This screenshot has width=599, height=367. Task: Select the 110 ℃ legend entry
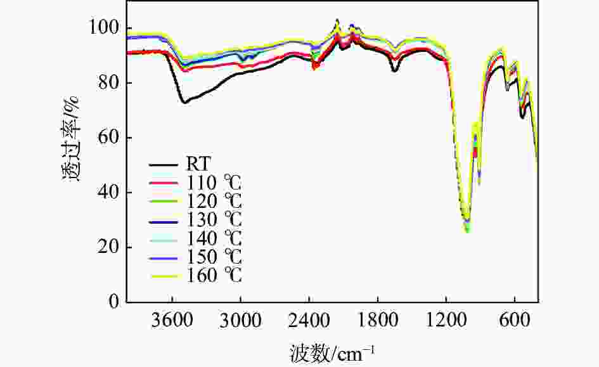click(x=214, y=184)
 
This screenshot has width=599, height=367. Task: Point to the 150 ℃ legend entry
click(x=214, y=258)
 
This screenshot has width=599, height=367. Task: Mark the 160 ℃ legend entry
click(x=214, y=276)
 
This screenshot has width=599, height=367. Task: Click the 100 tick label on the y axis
click(x=105, y=29)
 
